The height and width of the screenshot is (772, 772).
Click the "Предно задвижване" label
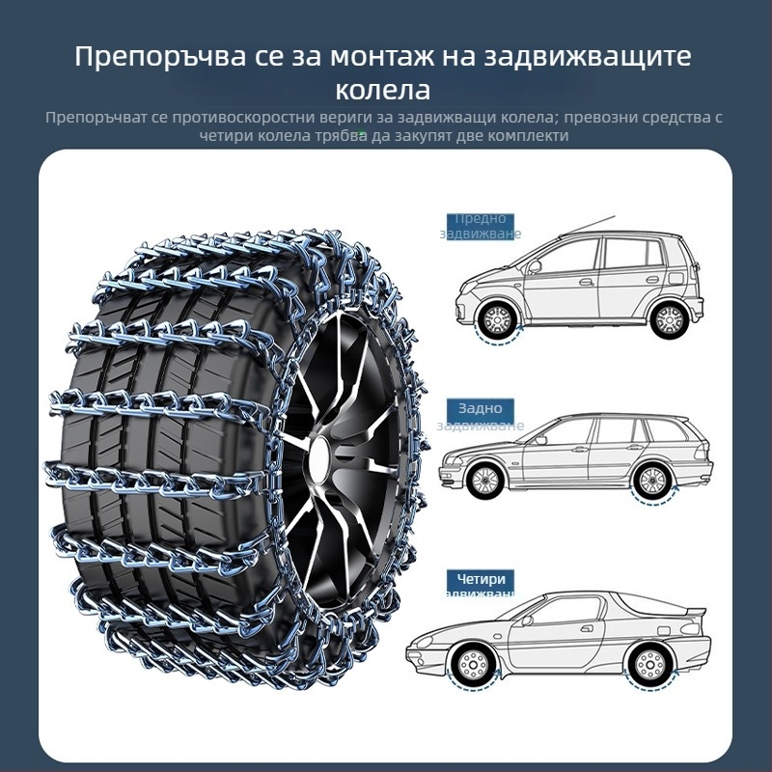tap(481, 226)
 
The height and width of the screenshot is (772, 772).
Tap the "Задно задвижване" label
tap(481, 416)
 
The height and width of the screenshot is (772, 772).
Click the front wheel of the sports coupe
tap(473, 664)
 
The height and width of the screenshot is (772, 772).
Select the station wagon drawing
tap(577, 455)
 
